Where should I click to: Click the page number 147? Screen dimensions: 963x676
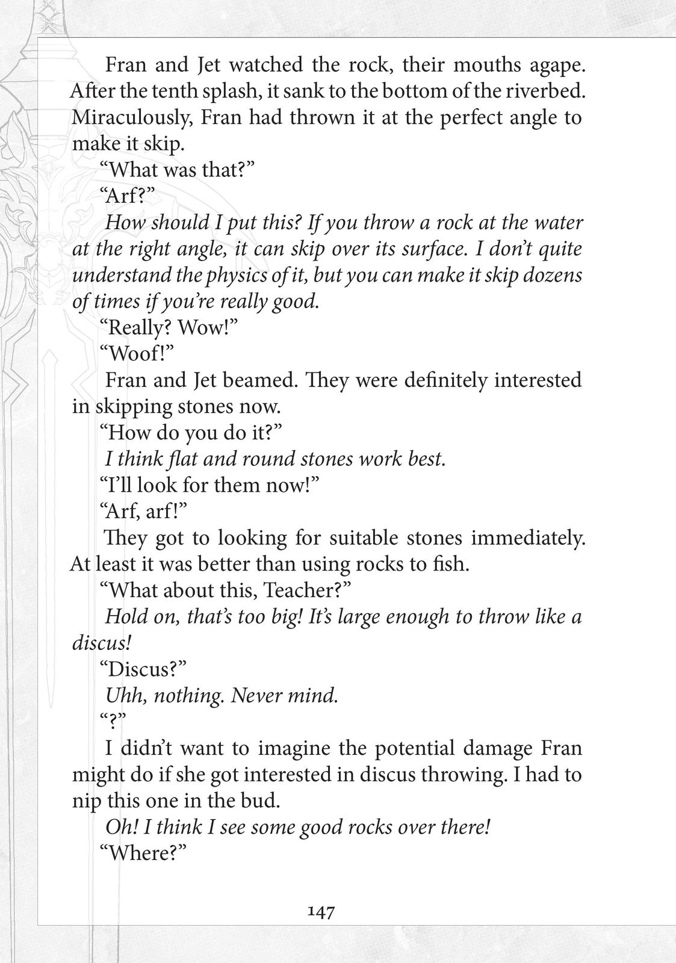(321, 912)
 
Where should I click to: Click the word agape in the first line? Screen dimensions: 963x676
(551, 65)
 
